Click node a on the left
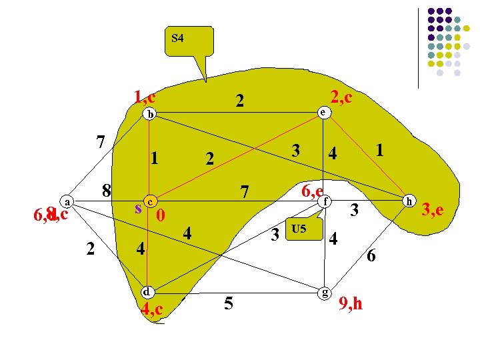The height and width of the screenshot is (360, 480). tap(67, 201)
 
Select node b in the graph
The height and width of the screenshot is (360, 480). tap(151, 114)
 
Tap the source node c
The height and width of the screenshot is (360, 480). tap(151, 201)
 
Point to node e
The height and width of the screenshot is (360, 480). tap(323, 113)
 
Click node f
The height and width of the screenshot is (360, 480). tap(324, 200)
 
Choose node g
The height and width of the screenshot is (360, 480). tap(323, 291)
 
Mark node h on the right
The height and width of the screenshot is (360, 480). tap(411, 200)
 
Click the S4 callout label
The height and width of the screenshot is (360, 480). tap(178, 38)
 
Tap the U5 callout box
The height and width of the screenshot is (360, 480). tap(298, 230)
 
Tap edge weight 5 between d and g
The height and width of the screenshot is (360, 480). tap(229, 304)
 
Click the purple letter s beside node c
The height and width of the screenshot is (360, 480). tap(138, 208)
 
